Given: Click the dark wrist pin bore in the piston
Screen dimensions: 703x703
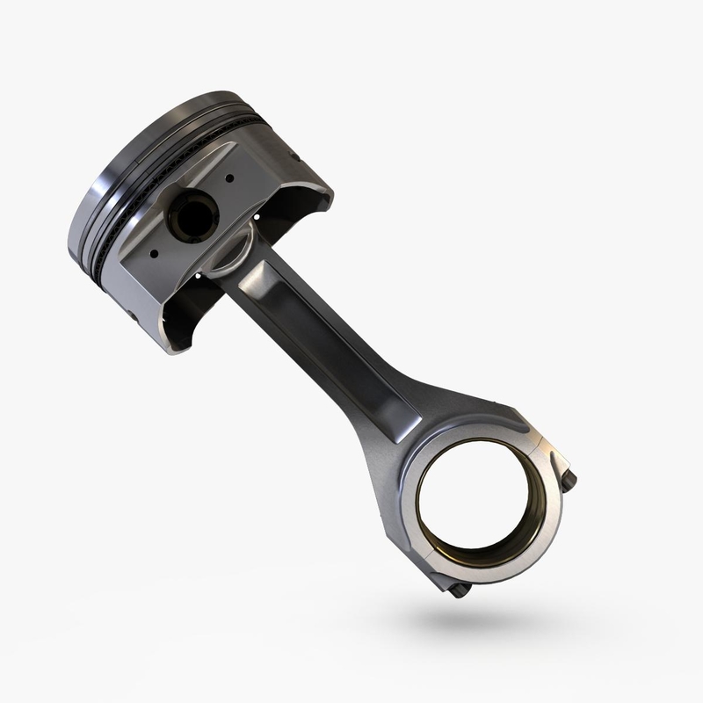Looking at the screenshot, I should click(194, 213).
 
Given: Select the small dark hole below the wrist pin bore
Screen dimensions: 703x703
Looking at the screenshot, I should click(155, 254).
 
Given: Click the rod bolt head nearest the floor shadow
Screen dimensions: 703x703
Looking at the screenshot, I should click(459, 590).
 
